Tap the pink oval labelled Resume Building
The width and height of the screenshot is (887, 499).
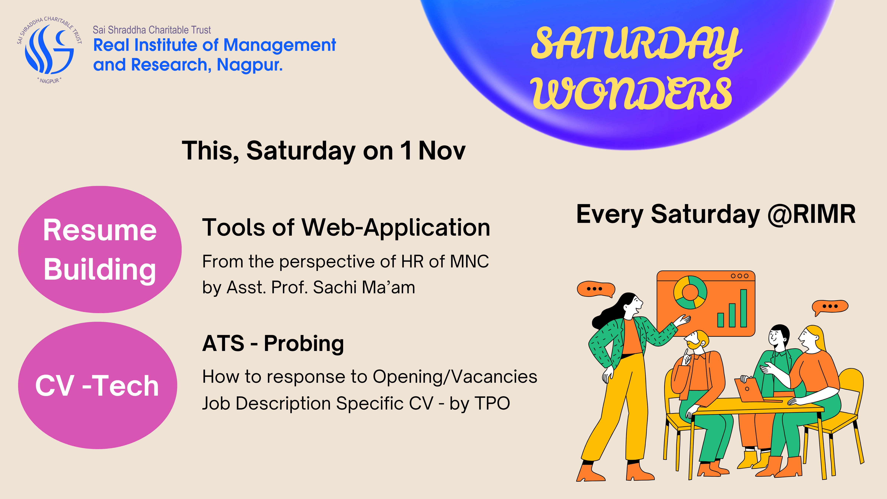pos(100,249)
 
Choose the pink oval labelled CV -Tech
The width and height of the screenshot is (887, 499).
pos(98,385)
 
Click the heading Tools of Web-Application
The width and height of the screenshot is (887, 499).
pos(346,228)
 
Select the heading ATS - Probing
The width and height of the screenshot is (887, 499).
pos(273,344)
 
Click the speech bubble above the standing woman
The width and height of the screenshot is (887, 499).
pos(596,289)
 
